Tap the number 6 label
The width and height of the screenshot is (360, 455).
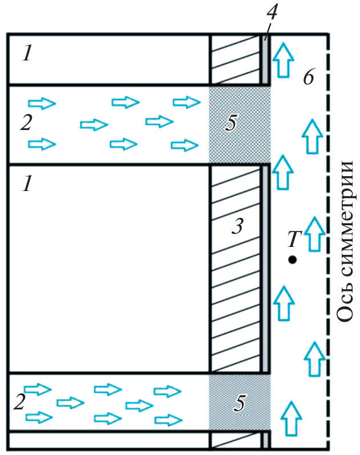pyautogui.click(x=309, y=78)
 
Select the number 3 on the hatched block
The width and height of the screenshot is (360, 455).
pyautogui.click(x=237, y=227)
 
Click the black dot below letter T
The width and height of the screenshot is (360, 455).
pyautogui.click(x=292, y=260)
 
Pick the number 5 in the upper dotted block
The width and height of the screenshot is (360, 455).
pyautogui.click(x=230, y=124)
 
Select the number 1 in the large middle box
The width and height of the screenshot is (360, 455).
pyautogui.click(x=27, y=184)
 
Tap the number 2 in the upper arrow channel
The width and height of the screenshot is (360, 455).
pyautogui.click(x=25, y=123)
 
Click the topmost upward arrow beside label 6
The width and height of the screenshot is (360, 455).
pyautogui.click(x=282, y=60)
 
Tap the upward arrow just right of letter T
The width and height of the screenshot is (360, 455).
pyautogui.click(x=313, y=234)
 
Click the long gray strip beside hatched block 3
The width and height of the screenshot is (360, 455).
pyautogui.click(x=265, y=268)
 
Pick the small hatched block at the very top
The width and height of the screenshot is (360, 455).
pyautogui.click(x=236, y=60)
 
